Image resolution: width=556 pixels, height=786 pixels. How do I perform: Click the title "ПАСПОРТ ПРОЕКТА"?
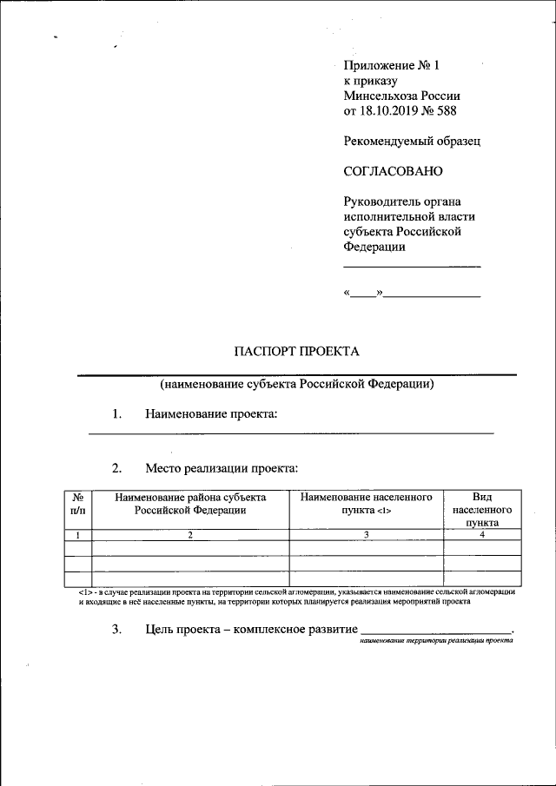tap(296, 351)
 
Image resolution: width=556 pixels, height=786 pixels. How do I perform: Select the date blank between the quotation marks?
tap(363, 295)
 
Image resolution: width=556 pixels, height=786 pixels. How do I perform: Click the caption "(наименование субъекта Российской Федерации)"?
tap(296, 384)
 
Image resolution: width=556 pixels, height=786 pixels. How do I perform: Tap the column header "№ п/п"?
tap(78, 505)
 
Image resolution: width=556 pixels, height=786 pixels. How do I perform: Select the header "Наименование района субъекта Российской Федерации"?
tap(190, 505)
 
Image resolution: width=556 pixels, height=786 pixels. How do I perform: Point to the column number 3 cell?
tap(366, 535)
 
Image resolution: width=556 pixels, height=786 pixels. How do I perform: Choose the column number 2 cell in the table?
tap(190, 535)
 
